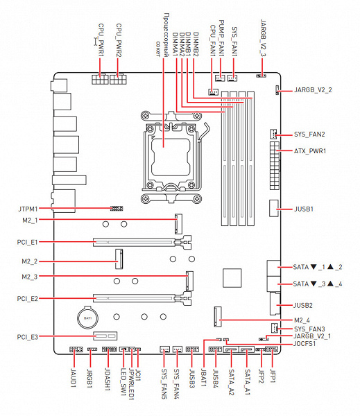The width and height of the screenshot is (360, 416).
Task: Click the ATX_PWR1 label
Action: [x=310, y=151]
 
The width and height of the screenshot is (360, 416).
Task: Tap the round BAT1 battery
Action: [x=87, y=318]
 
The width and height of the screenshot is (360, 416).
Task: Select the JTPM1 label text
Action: [x=28, y=209]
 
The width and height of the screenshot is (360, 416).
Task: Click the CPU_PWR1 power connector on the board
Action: [x=100, y=79]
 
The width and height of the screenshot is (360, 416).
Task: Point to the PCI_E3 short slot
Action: [x=105, y=336]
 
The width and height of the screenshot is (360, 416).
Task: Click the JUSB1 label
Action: [x=304, y=209]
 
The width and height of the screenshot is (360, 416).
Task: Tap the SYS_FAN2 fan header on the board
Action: [x=273, y=135]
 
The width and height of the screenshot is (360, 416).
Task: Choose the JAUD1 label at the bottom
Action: [x=74, y=378]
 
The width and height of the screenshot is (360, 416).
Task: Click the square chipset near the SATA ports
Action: [x=232, y=278]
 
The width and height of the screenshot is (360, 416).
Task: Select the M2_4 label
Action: [x=302, y=320]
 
